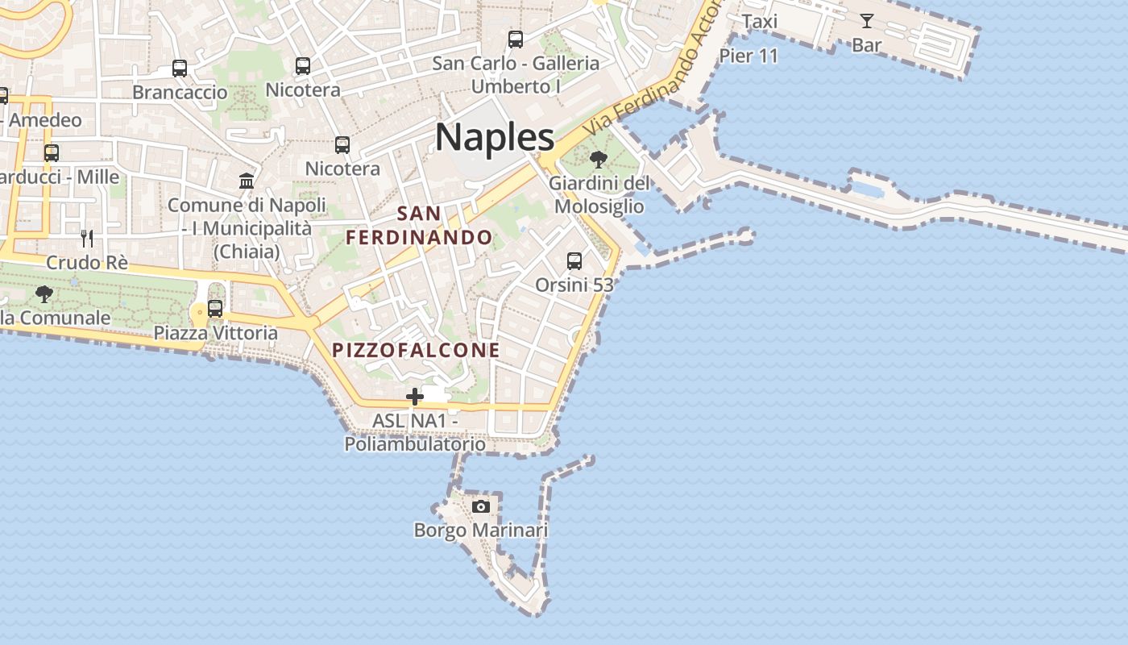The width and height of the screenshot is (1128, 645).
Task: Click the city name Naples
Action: coord(495,137)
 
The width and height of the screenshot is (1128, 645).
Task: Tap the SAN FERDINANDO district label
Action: coord(419,226)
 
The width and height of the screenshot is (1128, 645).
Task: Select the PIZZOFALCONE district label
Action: coord(417,350)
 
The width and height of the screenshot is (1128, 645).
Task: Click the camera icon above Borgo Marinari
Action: coord(481,506)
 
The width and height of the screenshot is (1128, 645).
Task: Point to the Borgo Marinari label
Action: coord(481,530)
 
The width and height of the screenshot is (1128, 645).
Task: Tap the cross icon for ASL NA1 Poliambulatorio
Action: coord(415,396)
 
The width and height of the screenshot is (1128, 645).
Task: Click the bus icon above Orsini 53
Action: coord(574,261)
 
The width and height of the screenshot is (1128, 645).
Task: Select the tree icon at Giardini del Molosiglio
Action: coord(598,160)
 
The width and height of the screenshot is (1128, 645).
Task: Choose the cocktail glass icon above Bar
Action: coord(867,21)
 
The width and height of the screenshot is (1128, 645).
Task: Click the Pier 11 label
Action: coord(749,56)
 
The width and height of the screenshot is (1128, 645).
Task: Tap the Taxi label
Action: coord(759,21)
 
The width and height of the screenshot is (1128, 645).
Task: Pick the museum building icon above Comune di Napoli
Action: coord(247,181)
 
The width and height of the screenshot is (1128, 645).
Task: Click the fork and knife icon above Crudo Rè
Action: coord(87,238)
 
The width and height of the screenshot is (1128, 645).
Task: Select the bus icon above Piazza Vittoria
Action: coord(215,308)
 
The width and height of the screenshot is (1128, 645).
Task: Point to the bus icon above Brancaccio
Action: coord(180,69)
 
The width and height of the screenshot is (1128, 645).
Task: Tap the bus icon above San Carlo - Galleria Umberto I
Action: coord(516,39)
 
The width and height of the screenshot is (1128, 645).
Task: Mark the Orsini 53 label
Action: coord(574,285)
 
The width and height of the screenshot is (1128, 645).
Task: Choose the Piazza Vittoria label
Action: coord(215,332)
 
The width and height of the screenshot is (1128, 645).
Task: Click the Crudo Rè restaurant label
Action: coord(87,262)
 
